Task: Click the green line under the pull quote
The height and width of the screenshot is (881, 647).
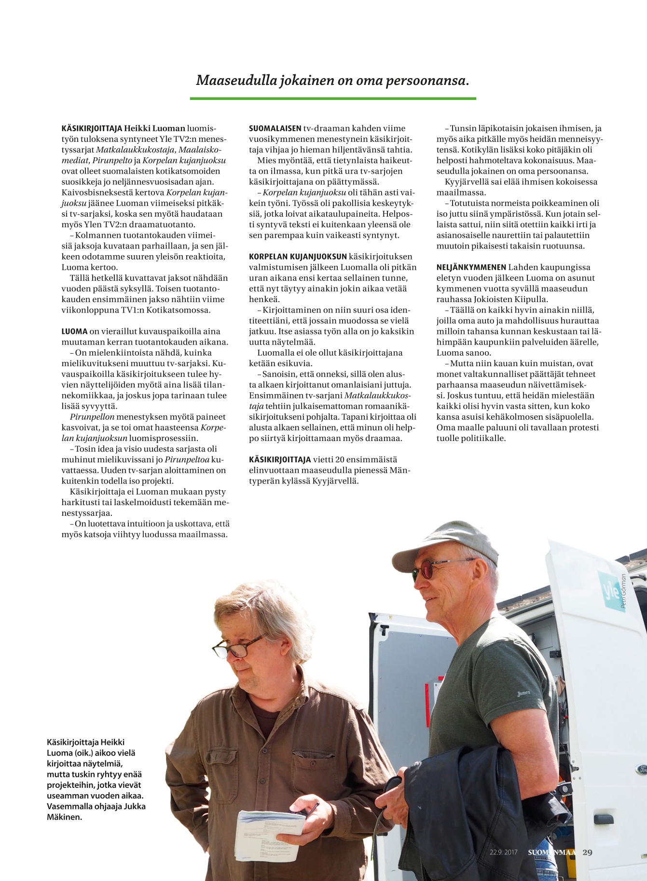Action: pyautogui.click(x=333, y=98)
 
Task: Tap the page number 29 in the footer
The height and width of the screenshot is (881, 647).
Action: pyautogui.click(x=587, y=852)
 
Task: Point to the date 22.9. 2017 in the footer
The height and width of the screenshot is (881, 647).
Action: pyautogui.click(x=503, y=853)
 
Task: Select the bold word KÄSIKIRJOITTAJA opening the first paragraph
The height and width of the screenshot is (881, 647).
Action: pyautogui.click(x=92, y=129)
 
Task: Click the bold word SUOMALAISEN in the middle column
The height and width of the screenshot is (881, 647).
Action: pyautogui.click(x=275, y=129)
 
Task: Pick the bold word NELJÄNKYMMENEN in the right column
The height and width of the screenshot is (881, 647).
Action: pyautogui.click(x=471, y=267)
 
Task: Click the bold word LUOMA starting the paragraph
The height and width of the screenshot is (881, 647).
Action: pyautogui.click(x=74, y=331)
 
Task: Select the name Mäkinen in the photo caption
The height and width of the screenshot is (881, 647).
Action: pyautogui.click(x=64, y=817)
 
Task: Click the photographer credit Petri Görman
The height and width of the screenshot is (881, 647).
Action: pyautogui.click(x=624, y=592)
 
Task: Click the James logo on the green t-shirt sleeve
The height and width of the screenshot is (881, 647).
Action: pyautogui.click(x=523, y=693)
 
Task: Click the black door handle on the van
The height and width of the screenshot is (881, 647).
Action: pyautogui.click(x=603, y=819)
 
